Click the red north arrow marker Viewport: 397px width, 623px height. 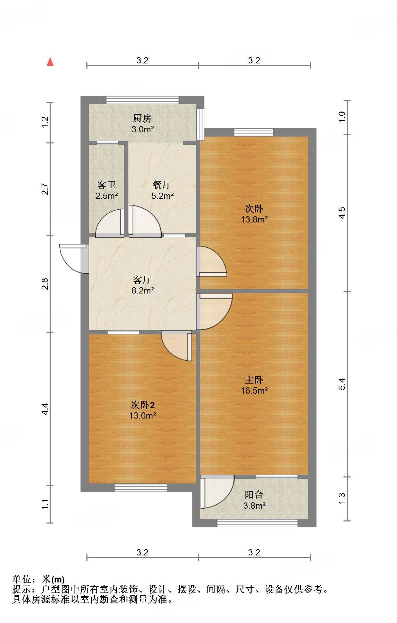tap(50, 62)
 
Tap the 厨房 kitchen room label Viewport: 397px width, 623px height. tap(142, 119)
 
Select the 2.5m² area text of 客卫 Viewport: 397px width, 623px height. tap(107, 196)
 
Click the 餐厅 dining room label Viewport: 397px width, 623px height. tap(162, 185)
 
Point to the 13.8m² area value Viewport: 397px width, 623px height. tap(254, 219)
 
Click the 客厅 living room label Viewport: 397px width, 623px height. tap(142, 279)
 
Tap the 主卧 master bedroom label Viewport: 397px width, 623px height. tap(254, 380)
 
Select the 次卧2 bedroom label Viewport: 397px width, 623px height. tap(142, 405)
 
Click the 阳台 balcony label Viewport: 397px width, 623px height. tap(254, 494)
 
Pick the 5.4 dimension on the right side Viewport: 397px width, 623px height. tap(342, 384)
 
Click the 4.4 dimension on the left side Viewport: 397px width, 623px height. tap(45, 409)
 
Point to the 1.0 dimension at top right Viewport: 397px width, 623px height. tap(342, 117)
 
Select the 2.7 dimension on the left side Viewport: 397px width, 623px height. tap(45, 189)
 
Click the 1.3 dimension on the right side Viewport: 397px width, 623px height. tap(342, 498)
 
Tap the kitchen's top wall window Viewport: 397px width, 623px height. tap(142, 100)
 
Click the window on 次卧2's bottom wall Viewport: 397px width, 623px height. tap(141, 488)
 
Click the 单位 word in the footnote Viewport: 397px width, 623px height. tap(22, 579)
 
